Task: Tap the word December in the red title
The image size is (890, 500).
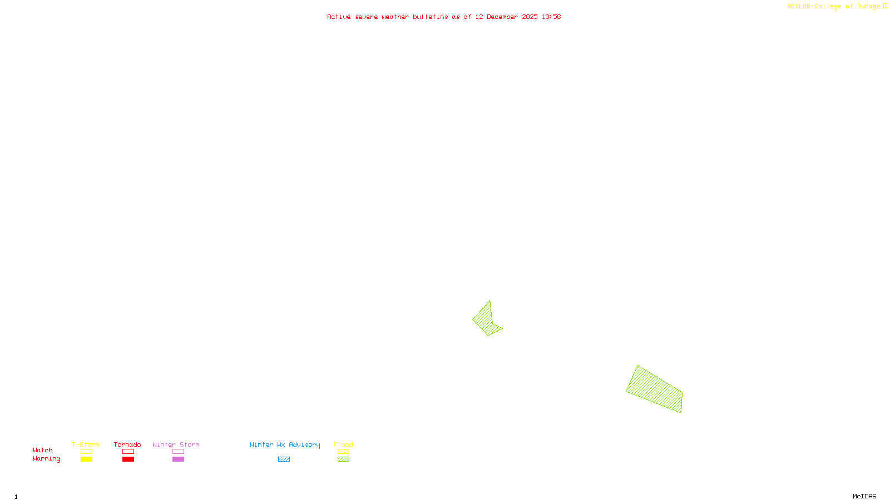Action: (x=502, y=17)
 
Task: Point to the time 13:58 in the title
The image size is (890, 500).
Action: (x=551, y=17)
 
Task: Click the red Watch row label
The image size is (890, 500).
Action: (x=43, y=451)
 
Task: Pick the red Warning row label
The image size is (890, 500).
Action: (x=46, y=459)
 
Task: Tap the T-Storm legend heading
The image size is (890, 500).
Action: (x=86, y=444)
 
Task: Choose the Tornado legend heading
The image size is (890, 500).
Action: (x=127, y=444)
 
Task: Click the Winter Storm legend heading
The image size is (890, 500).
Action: (x=176, y=444)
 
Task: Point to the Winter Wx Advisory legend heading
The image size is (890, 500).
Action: (x=285, y=444)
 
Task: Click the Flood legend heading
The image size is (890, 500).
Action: (x=343, y=444)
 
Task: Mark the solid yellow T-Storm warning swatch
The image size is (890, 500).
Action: (x=86, y=459)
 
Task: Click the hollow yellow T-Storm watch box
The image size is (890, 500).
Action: (x=86, y=452)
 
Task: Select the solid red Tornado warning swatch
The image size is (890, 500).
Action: (x=128, y=459)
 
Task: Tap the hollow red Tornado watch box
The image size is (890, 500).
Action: (x=128, y=452)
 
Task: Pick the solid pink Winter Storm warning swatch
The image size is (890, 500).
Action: (x=178, y=459)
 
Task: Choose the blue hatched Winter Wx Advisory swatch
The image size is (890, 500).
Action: (x=284, y=459)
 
